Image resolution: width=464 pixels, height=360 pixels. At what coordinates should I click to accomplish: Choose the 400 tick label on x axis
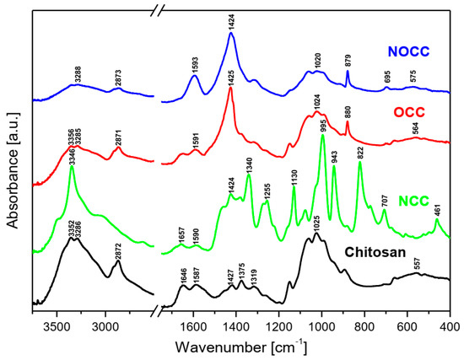point(450,325)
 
